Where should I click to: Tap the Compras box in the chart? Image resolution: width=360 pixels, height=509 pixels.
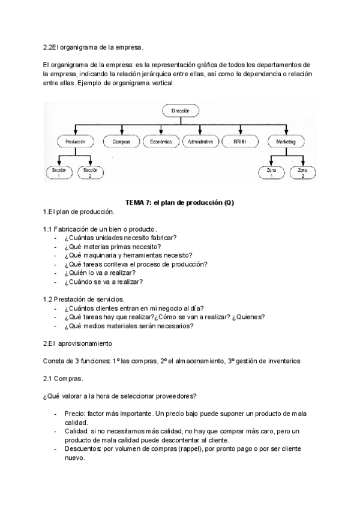pos(121,142)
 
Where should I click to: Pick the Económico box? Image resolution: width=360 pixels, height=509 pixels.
pos(161,142)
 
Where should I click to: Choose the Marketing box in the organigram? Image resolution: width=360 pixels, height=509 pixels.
pos(285,142)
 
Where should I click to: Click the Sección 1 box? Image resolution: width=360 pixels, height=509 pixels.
pos(59,173)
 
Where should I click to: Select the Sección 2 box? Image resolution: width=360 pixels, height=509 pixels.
pos(91,173)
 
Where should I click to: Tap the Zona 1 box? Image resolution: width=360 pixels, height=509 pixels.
pos(271,173)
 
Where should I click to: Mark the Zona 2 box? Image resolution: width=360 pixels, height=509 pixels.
pos(302,173)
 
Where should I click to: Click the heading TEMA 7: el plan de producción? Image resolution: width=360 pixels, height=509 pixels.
pos(179,203)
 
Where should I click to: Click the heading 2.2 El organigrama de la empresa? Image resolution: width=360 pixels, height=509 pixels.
pos(94,47)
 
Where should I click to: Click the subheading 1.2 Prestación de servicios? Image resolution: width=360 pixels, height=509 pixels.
pos(84,299)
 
